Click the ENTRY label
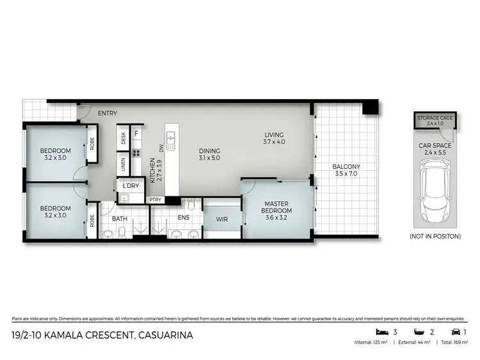click(108, 113)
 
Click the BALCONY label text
click(346, 167)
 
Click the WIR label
click(222, 219)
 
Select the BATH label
click(120, 218)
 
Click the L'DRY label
click(131, 185)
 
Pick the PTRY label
click(155, 200)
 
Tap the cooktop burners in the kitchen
click(136, 153)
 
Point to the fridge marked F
click(136, 134)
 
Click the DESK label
click(123, 138)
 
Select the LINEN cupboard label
click(122, 164)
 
